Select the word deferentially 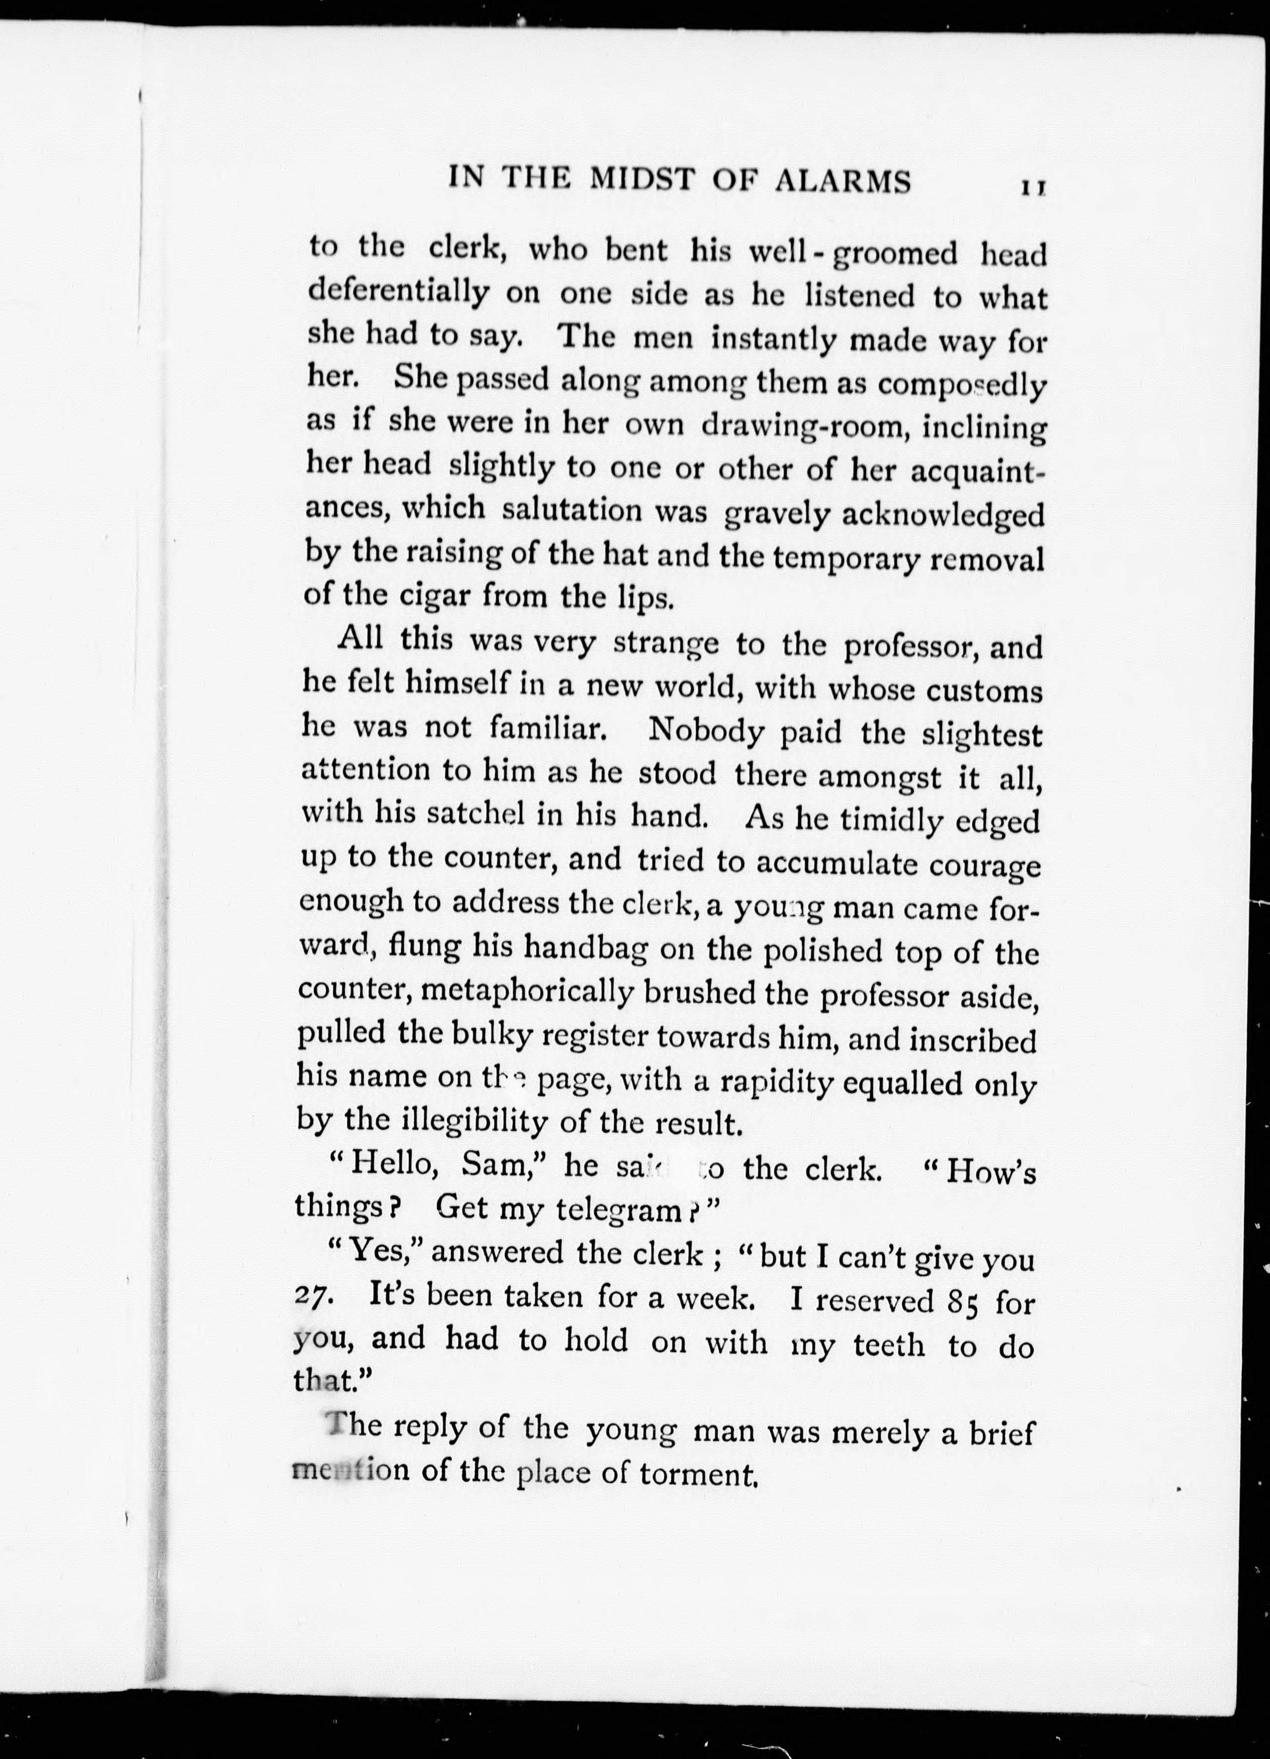point(399,293)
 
